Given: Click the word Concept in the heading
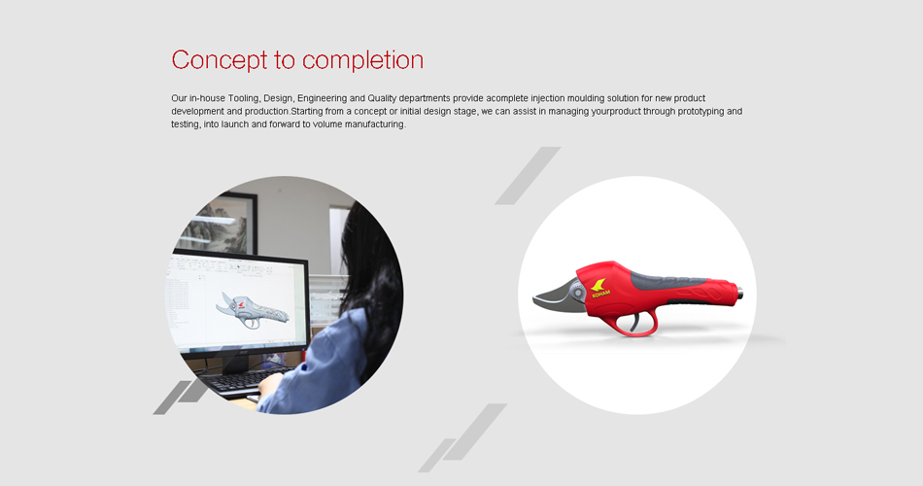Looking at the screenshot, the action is [219, 60].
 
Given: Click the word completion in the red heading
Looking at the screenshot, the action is [362, 59].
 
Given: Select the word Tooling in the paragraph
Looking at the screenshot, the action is [243, 98].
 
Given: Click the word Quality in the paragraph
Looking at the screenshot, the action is [382, 98].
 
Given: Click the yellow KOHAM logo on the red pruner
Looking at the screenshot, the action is [599, 288].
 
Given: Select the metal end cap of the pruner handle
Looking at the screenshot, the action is [739, 291].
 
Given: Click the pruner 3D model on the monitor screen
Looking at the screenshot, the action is [252, 309].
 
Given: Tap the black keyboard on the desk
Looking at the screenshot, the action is [246, 381].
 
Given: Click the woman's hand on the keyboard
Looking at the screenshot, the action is [268, 385].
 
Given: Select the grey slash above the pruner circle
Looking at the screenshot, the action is [528, 176].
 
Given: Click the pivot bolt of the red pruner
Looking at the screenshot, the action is [580, 292].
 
